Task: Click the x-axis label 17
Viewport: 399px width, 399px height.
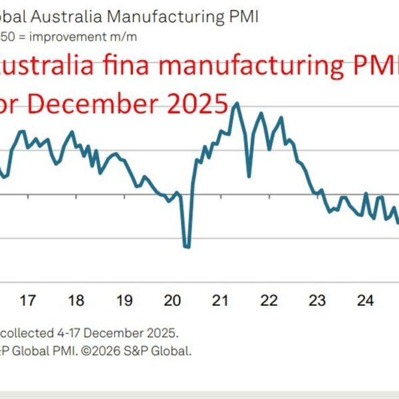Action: tap(27, 301)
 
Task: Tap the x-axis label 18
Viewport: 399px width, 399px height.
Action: tap(76, 301)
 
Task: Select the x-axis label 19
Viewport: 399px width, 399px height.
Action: tap(124, 301)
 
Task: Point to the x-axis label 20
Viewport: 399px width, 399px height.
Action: tap(172, 301)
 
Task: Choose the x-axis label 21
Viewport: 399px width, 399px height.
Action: tap(220, 301)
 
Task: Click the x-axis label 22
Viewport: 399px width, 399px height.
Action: tap(269, 301)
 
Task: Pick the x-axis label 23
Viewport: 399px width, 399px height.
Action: tap(317, 301)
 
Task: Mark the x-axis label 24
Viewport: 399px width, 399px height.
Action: tap(365, 301)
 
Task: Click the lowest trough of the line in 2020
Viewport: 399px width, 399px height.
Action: tap(187, 247)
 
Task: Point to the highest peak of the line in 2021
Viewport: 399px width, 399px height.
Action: tap(235, 104)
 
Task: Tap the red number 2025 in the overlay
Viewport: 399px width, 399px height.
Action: tap(195, 104)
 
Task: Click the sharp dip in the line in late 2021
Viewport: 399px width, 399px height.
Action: tap(249, 176)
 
